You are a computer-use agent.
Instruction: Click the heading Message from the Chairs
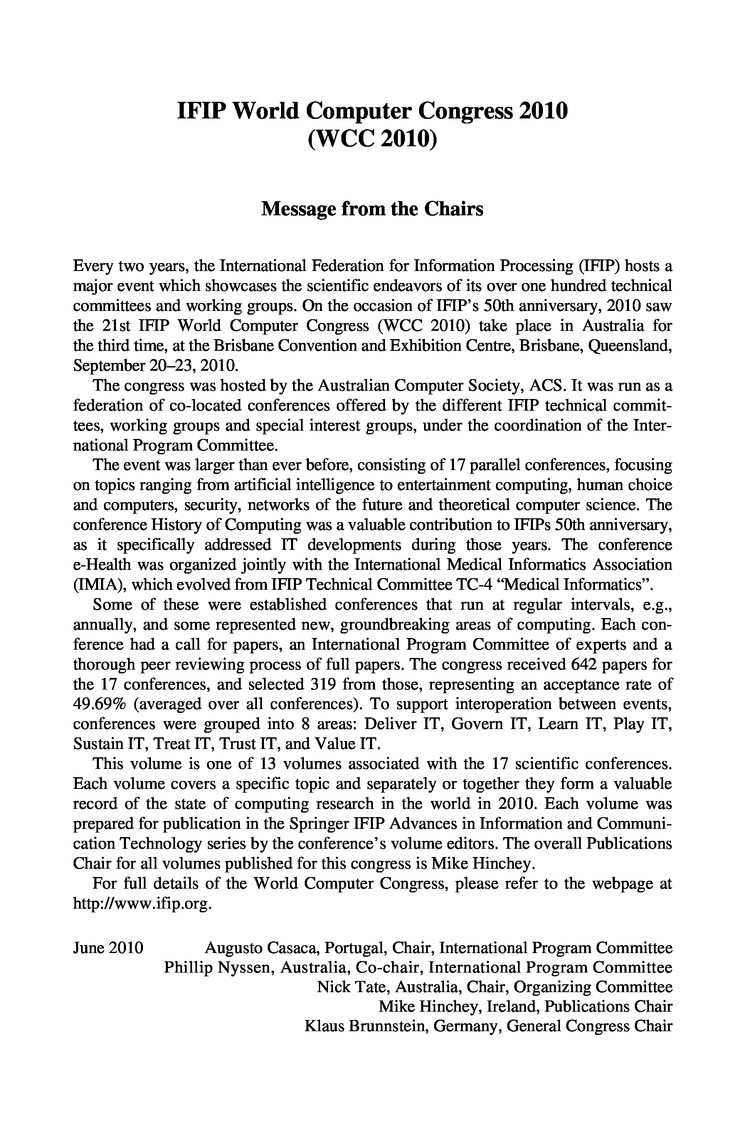coord(372,209)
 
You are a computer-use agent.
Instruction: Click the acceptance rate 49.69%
coord(99,704)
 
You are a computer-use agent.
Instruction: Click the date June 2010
coord(108,948)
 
